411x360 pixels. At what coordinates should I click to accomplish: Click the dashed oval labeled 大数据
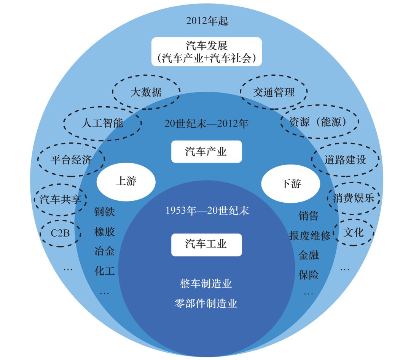146,92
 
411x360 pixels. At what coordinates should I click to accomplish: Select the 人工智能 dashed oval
102,123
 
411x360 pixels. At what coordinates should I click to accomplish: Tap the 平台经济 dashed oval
71,160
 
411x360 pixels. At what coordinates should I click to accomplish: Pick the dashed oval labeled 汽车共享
61,199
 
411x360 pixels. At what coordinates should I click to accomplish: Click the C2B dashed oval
60,232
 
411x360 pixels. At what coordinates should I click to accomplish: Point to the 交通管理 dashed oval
274,92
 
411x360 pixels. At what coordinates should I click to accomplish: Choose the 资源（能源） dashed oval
319,122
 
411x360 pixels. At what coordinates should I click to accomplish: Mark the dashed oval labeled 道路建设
345,159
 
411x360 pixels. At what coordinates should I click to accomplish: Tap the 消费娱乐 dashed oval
353,198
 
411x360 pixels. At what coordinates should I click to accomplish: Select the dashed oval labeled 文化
354,232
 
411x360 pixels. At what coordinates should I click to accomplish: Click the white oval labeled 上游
126,181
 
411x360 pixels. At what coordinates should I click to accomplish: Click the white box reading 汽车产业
206,152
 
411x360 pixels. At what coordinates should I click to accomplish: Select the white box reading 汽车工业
206,244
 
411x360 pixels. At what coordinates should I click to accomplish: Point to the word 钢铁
104,212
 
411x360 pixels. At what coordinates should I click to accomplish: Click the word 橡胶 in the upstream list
104,232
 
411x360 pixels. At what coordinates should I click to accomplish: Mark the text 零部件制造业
205,303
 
